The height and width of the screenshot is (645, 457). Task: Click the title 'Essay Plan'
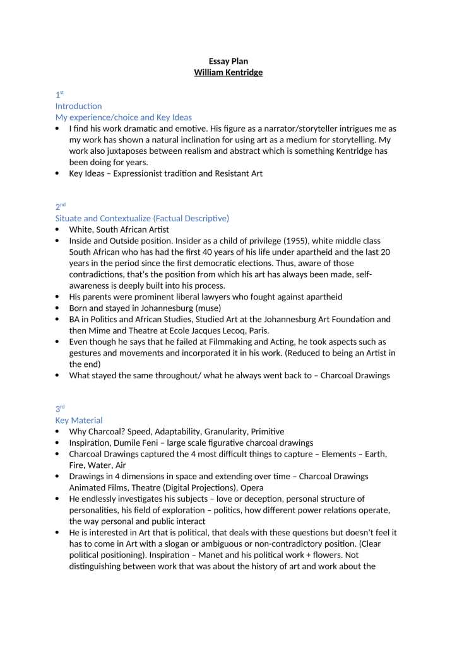[x=228, y=61]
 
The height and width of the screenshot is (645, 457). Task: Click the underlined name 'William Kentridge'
[x=228, y=73]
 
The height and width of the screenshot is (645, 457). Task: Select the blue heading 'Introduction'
[x=78, y=106]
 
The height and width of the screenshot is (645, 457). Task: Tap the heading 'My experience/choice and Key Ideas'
[x=124, y=117]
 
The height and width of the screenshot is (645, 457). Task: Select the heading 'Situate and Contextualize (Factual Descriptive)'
[x=142, y=218]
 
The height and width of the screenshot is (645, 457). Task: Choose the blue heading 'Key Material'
[x=79, y=420]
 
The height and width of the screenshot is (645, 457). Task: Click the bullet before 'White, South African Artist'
[x=58, y=230]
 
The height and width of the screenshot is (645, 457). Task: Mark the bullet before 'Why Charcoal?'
[x=58, y=431]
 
